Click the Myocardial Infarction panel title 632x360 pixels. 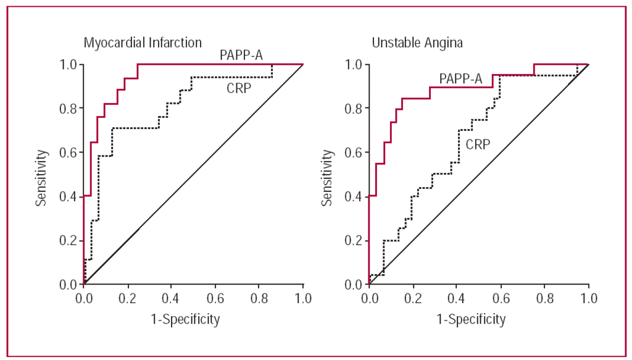click(x=143, y=43)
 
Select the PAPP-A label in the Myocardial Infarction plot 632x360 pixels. click(x=241, y=56)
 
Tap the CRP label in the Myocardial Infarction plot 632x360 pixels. click(x=239, y=89)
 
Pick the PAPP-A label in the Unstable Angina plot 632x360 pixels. click(x=461, y=78)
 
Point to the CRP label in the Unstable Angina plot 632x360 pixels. click(x=479, y=144)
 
